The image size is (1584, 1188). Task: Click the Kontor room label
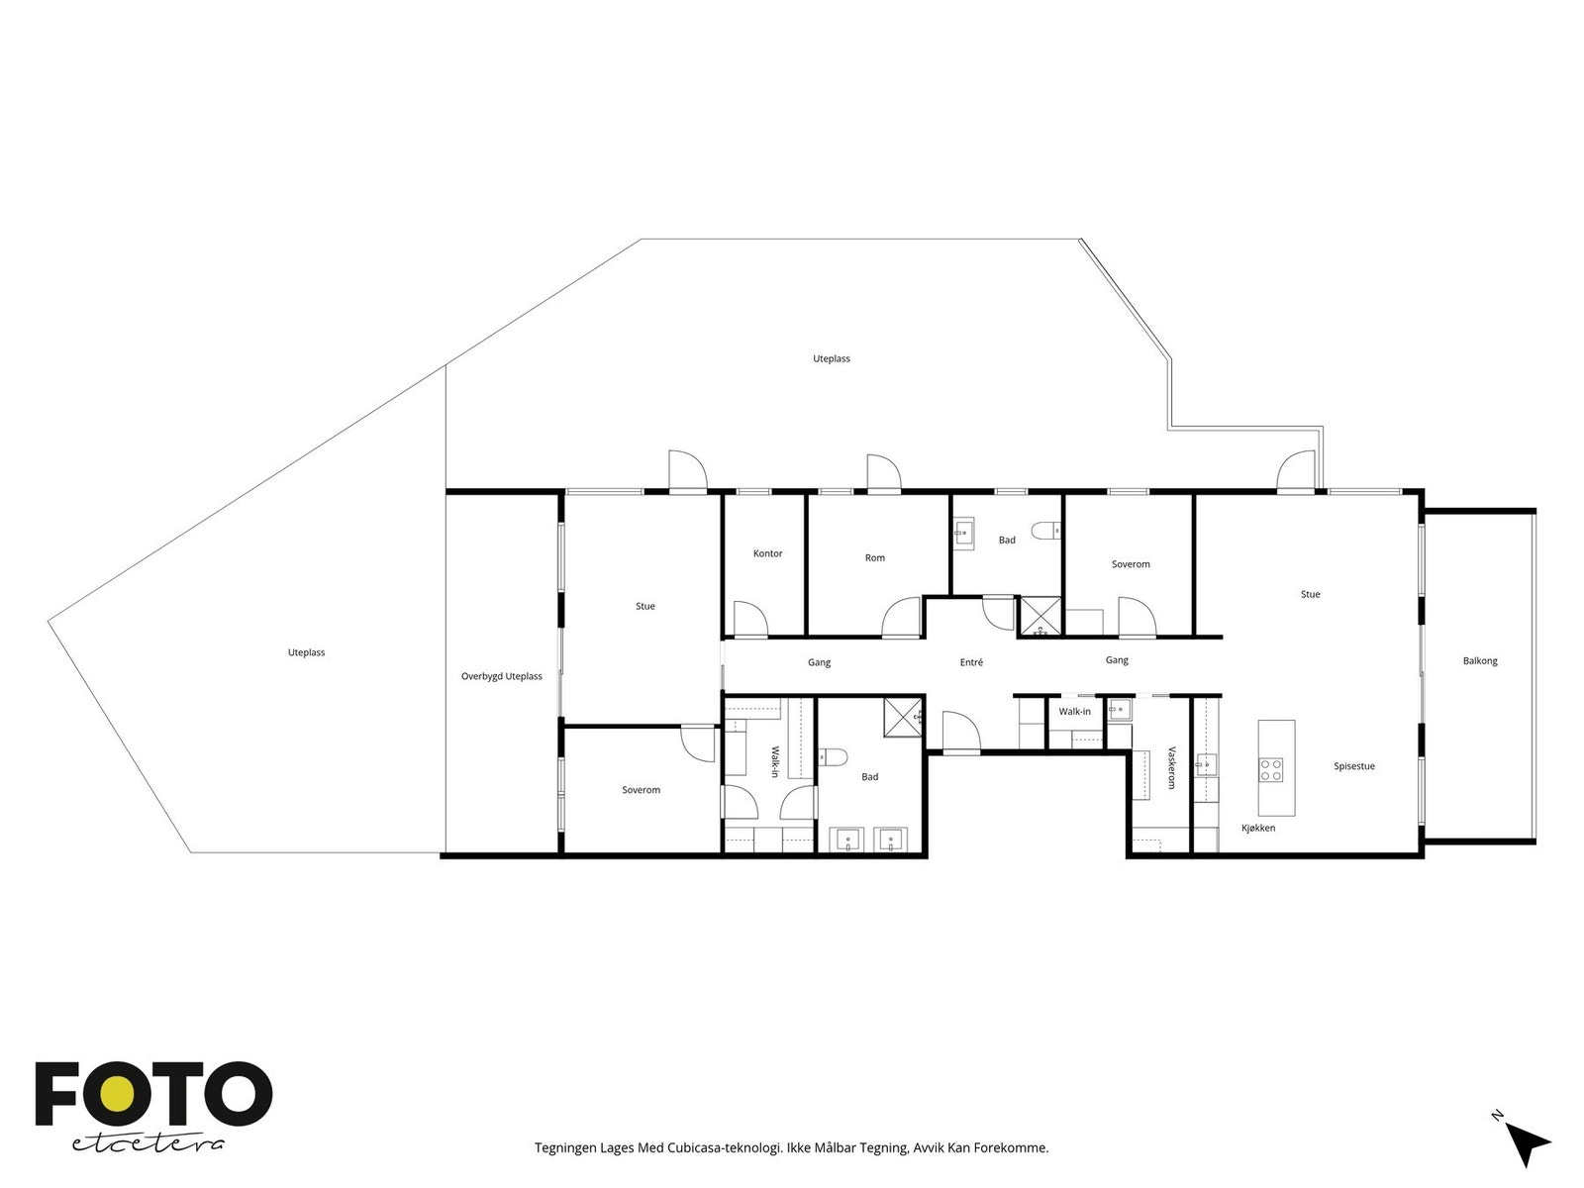pyautogui.click(x=767, y=553)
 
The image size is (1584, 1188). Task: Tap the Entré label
pyautogui.click(x=970, y=662)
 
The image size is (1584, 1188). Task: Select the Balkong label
pyautogui.click(x=1479, y=660)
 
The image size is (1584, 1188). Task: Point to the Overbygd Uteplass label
pyautogui.click(x=502, y=676)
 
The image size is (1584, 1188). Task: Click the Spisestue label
pyautogui.click(x=1353, y=766)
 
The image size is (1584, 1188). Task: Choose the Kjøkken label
pyautogui.click(x=1258, y=828)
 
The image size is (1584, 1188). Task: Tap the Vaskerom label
pyautogui.click(x=1171, y=767)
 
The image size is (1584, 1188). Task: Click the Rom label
pyautogui.click(x=874, y=557)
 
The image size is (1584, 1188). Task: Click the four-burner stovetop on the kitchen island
pyautogui.click(x=1271, y=769)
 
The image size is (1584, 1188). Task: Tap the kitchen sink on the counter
pyautogui.click(x=1206, y=764)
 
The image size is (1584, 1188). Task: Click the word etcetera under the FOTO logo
pyautogui.click(x=148, y=1144)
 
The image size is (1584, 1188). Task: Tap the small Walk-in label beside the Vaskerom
pyautogui.click(x=1074, y=711)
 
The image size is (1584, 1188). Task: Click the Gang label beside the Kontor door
pyautogui.click(x=819, y=662)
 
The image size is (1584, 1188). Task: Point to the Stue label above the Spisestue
pyautogui.click(x=1310, y=594)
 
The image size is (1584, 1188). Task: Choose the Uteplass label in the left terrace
pyautogui.click(x=306, y=652)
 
